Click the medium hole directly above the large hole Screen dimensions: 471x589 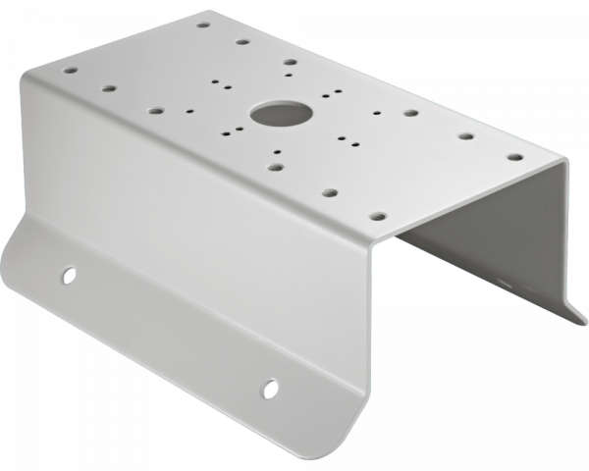tap(290, 62)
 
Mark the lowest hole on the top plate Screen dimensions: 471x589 tap(375, 211)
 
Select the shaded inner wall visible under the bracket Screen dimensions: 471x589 tap(481, 245)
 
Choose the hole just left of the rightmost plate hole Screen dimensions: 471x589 tap(466, 137)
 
